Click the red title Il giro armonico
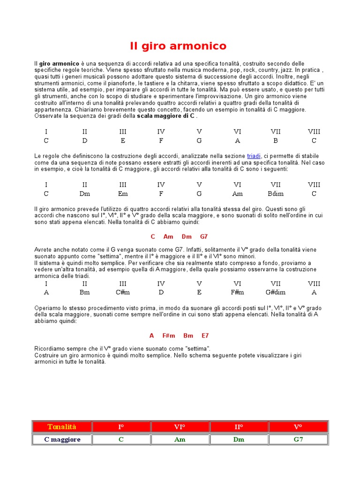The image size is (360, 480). (x=178, y=46)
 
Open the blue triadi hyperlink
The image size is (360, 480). (x=254, y=156)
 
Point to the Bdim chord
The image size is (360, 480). (x=276, y=194)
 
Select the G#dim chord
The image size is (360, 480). (x=276, y=292)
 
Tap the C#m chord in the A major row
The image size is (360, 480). (x=123, y=292)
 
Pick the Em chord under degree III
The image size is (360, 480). (x=123, y=194)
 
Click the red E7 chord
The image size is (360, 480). (x=205, y=336)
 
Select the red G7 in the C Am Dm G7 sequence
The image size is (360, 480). (x=204, y=237)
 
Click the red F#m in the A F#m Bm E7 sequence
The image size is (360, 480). (x=169, y=336)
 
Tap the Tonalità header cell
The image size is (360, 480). (x=62, y=427)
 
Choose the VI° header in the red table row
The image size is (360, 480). (x=180, y=427)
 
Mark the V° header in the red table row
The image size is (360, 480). (x=298, y=427)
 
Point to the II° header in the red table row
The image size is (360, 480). (x=239, y=427)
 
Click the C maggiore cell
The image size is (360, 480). (x=62, y=440)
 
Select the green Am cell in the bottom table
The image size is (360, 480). (x=180, y=440)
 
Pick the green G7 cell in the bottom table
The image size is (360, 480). (x=298, y=440)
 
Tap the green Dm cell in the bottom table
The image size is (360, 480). (x=239, y=440)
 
